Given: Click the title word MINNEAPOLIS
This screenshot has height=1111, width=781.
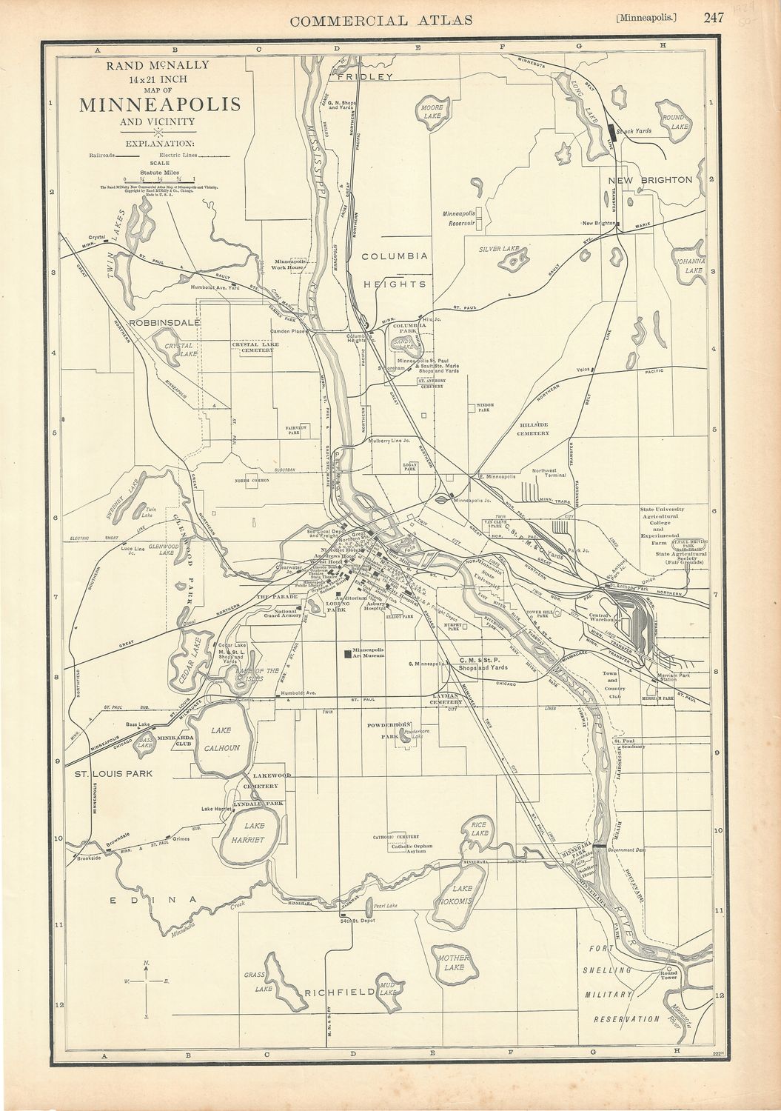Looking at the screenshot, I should pyautogui.click(x=159, y=104).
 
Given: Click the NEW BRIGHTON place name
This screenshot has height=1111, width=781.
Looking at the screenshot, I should pyautogui.click(x=650, y=180).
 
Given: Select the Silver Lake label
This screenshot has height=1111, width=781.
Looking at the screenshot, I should pyautogui.click(x=500, y=250).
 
